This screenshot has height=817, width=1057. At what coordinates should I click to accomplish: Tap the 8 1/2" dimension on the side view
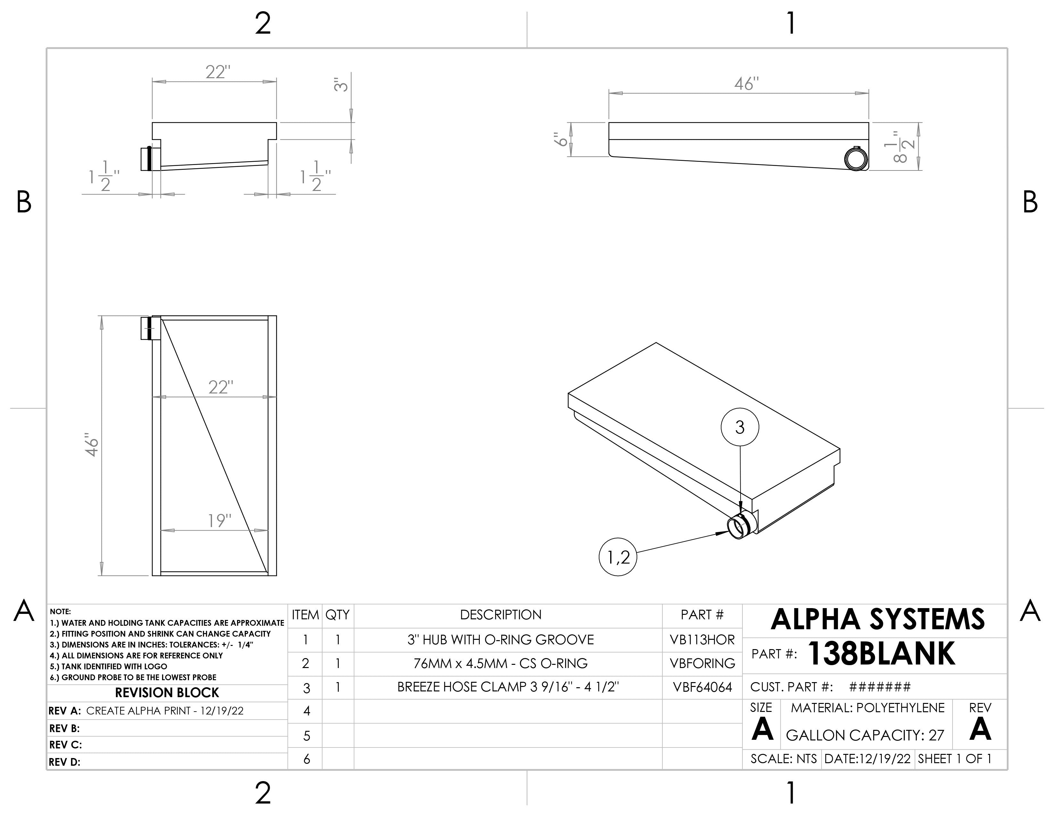click(x=901, y=146)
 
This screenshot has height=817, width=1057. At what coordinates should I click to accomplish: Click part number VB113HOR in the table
click(x=702, y=640)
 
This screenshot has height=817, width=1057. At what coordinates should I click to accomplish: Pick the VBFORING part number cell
click(x=702, y=664)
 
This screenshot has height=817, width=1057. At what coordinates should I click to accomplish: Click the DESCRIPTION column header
click(x=500, y=615)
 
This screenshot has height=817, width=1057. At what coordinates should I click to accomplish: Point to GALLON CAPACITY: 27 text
click(x=865, y=735)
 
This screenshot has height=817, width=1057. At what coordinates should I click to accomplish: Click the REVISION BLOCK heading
click(x=167, y=693)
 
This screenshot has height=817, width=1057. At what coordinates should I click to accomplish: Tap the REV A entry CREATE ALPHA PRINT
click(x=165, y=711)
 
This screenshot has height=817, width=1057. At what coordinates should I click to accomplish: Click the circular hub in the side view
click(x=856, y=159)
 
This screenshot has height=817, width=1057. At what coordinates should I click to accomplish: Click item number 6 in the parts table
click(x=306, y=759)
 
